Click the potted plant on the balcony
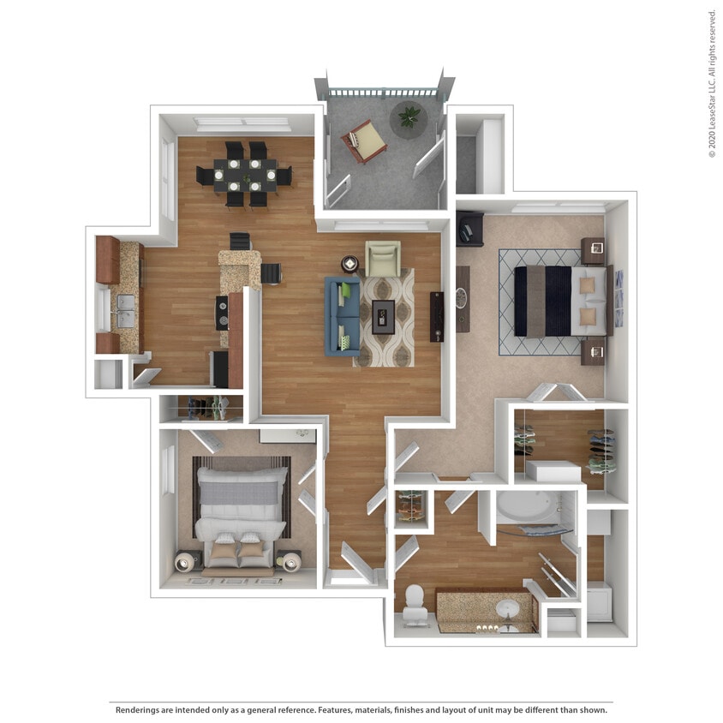408,117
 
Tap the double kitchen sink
125,310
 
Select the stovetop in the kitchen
223,312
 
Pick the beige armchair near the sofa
383,258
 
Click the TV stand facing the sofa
437,316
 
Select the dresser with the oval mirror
463,299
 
